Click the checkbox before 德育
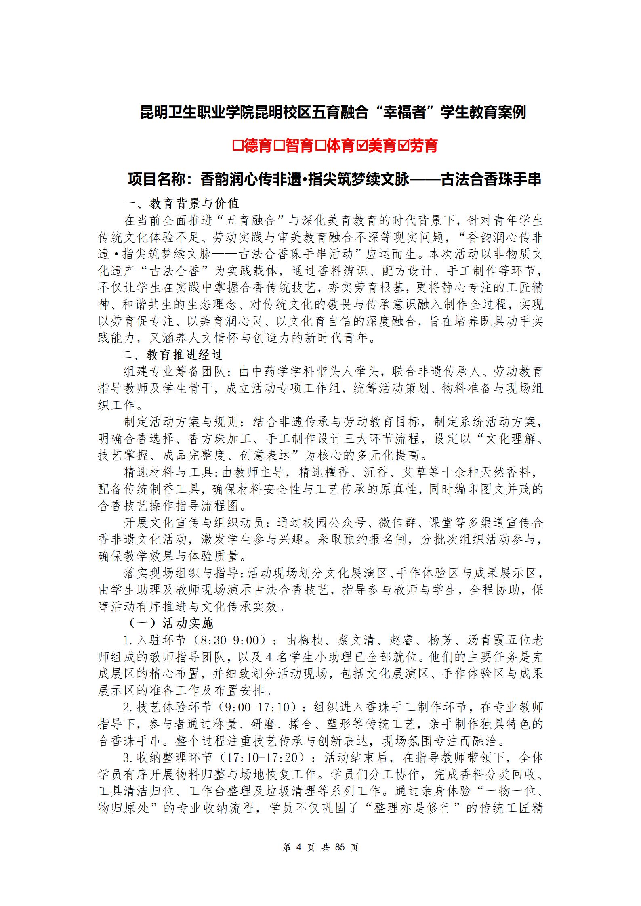coord(237,146)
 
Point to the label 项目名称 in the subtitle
coord(157,179)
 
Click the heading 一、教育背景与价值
coord(181,203)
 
